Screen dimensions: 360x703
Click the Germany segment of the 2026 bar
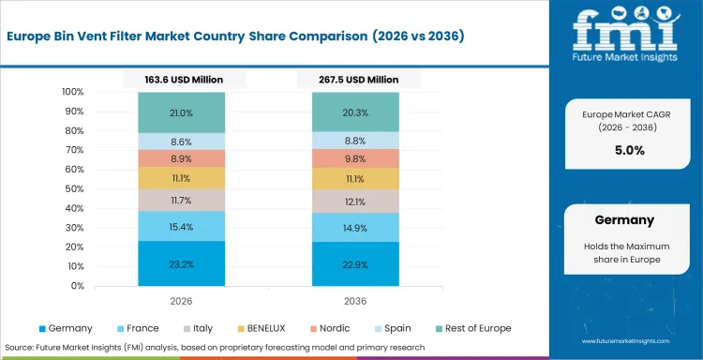point(181,263)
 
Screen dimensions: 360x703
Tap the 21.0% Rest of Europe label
point(181,113)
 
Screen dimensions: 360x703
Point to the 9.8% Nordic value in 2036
point(356,158)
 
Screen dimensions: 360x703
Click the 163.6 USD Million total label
point(181,81)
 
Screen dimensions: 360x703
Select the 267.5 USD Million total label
point(356,81)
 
